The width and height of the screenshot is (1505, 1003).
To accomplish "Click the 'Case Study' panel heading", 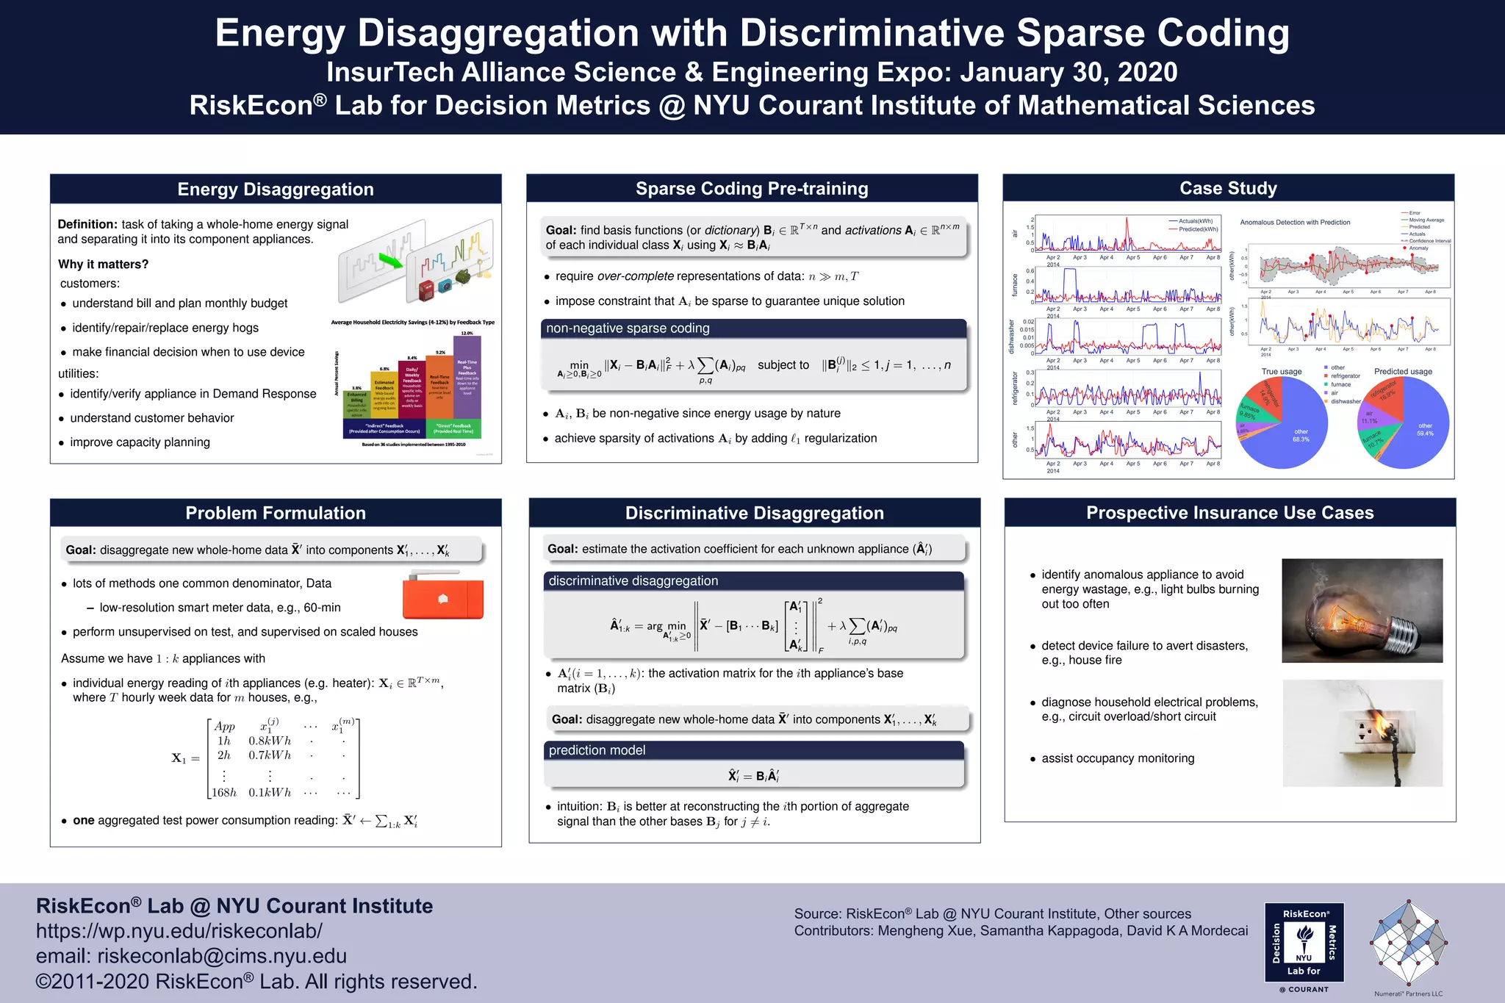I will [1228, 188].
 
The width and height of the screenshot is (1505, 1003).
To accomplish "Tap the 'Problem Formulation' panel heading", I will [276, 513].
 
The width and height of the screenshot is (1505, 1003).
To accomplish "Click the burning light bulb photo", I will [1362, 611].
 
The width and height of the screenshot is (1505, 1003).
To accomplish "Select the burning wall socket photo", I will [1362, 733].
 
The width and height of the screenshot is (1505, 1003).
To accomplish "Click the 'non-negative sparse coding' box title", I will [628, 328].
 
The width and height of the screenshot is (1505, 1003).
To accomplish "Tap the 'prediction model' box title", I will [597, 750].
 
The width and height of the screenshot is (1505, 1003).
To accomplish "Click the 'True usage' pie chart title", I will [1281, 372].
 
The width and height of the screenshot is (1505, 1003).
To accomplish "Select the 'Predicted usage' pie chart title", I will [1403, 372].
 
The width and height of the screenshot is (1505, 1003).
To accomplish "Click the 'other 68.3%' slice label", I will [1301, 436].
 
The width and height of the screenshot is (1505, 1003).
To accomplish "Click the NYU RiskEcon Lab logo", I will [1304, 943].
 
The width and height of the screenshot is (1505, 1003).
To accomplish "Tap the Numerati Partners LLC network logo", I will [1408, 943].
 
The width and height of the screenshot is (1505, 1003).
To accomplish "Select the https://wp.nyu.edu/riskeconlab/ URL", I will [179, 931].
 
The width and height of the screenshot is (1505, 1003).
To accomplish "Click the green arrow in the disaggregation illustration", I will [390, 260].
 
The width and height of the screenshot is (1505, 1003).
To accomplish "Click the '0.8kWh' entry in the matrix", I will [270, 741].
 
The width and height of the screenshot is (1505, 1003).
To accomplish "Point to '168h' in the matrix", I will [224, 793].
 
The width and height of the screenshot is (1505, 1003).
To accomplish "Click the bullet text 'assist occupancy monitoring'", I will [1117, 758].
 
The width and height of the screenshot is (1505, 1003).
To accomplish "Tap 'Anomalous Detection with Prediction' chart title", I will [1295, 223].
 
